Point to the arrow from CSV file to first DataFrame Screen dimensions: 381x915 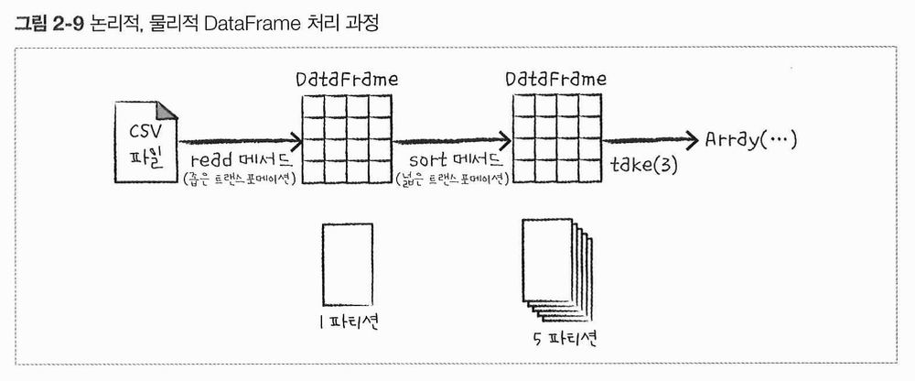[x=240, y=142]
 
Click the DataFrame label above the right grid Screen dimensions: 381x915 [x=555, y=79]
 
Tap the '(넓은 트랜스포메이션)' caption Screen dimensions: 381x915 [x=452, y=178]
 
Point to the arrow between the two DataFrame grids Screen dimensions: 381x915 [x=452, y=142]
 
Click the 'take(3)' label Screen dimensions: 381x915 [x=643, y=167]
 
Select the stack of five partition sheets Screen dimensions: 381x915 [x=553, y=267]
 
